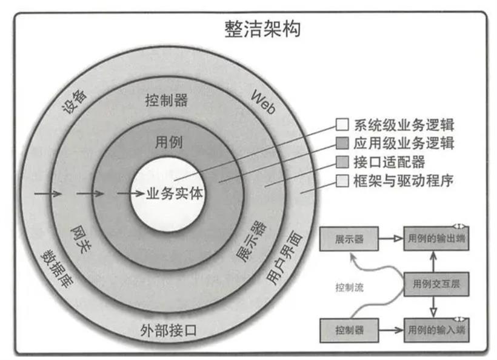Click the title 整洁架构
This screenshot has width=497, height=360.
point(262,29)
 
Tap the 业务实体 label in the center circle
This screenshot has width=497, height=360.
point(175,193)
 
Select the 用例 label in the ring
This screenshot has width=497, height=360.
point(168,142)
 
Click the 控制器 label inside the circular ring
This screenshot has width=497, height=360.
point(167,100)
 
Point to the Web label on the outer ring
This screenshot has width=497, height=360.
point(263,102)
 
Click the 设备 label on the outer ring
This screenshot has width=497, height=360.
point(75,101)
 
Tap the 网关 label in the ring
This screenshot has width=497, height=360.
point(80,239)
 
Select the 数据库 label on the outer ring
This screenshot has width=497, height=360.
point(57,269)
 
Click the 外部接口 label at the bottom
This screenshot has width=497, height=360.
point(168,330)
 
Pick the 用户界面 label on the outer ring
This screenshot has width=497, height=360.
point(284,257)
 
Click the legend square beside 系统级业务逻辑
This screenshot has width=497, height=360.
point(342,124)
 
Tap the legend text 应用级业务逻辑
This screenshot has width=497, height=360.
point(404,143)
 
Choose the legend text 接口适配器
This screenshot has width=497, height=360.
point(389,162)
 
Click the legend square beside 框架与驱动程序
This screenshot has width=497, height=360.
point(342,181)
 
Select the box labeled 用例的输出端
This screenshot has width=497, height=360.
point(436,238)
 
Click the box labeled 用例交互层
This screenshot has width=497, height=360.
point(436,284)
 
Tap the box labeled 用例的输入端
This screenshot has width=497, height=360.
point(436,330)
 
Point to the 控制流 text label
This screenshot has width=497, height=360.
point(349,287)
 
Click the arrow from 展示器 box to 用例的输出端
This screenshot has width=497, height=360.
point(391,239)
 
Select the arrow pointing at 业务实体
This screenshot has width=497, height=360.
point(130,193)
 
